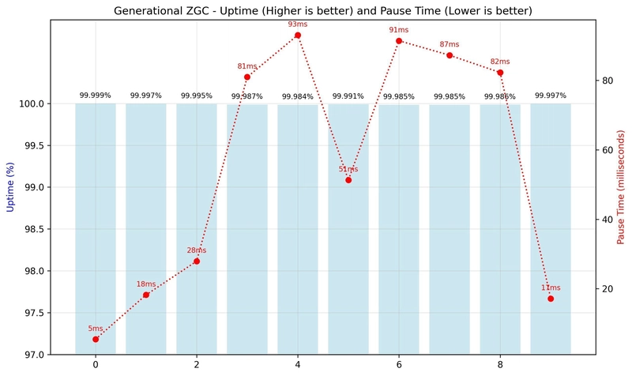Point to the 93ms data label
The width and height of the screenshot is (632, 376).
(x=298, y=24)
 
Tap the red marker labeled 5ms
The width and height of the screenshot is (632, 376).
(x=96, y=339)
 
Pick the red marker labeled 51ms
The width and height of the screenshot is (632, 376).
(x=348, y=180)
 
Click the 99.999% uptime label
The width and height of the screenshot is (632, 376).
(x=96, y=96)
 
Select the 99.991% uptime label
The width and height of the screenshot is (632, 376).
(x=348, y=96)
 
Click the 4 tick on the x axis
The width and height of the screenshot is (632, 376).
(x=298, y=365)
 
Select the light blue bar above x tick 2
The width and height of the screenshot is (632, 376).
(x=197, y=229)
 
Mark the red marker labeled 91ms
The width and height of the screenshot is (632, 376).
(x=399, y=41)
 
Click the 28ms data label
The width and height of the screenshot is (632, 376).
(x=197, y=250)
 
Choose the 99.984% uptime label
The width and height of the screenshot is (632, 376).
(x=298, y=96)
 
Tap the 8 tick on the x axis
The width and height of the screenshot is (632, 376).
(x=500, y=365)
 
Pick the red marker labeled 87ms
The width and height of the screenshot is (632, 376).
(x=450, y=55)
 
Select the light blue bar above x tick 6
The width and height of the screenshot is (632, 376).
(x=399, y=229)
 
